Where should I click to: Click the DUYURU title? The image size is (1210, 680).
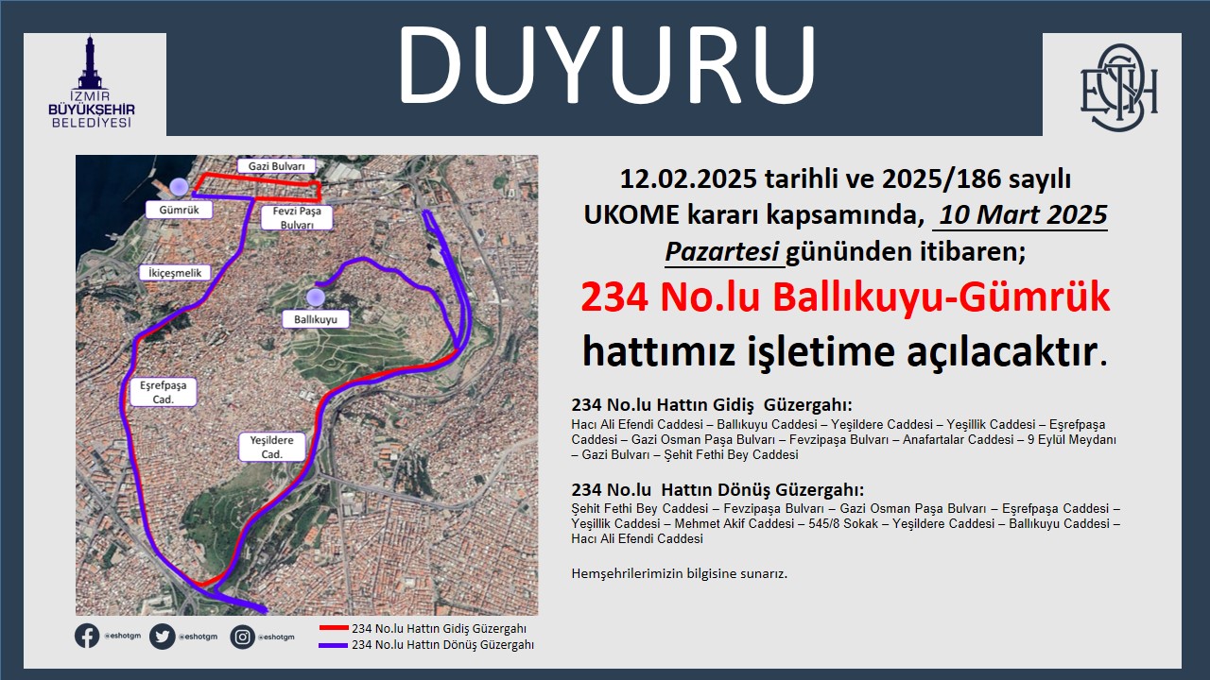point(607,65)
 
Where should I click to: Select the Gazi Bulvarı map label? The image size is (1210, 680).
point(277,166)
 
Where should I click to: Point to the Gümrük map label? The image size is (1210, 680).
point(179,210)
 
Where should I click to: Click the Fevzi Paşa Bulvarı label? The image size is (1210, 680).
point(297,217)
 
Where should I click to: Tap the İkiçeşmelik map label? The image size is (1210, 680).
point(175,273)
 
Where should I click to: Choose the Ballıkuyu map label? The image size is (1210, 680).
point(316,319)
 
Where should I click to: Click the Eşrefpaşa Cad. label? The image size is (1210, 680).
point(164,392)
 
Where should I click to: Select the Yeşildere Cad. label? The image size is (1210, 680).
point(271,447)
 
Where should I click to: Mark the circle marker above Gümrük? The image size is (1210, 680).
point(179,187)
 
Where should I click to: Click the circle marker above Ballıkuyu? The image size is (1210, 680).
point(316,297)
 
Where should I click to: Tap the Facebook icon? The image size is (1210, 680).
point(87,637)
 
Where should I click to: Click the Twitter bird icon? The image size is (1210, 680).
point(162,637)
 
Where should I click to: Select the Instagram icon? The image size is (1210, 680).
point(243,637)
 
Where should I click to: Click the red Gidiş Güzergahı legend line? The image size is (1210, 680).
point(334,628)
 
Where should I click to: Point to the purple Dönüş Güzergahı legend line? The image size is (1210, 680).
point(334,645)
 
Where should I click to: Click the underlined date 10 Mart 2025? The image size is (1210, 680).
point(1023,214)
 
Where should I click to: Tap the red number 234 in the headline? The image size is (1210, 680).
point(614,297)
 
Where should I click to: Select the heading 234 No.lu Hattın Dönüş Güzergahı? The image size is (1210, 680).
point(717,490)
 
